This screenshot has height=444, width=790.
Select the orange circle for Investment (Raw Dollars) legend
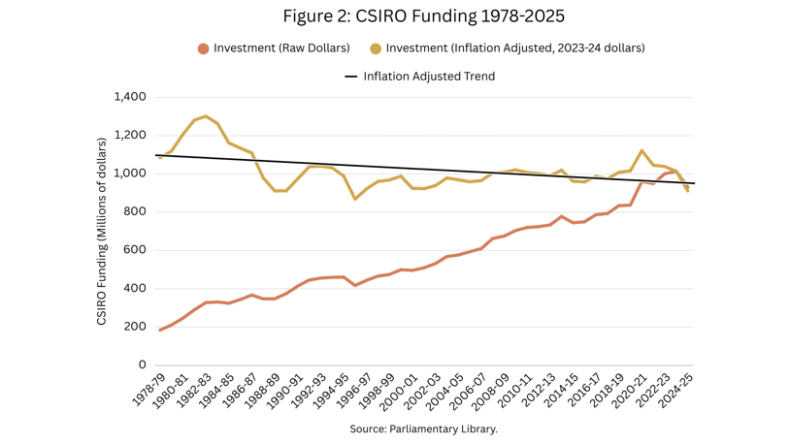tap(203, 48)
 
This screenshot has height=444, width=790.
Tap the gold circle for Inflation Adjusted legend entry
tap(376, 48)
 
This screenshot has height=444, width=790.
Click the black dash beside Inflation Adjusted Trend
tap(351, 77)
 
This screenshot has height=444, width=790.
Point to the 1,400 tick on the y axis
tap(130, 97)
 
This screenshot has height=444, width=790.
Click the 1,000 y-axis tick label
tap(130, 174)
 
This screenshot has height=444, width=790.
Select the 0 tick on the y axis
tap(142, 365)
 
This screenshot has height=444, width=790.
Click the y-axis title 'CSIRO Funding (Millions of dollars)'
tap(102, 231)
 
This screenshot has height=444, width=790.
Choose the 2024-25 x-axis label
tap(676, 393)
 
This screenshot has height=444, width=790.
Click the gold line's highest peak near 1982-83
tap(206, 116)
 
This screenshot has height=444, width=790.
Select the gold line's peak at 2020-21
tap(642, 150)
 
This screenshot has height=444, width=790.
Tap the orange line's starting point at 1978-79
tap(160, 331)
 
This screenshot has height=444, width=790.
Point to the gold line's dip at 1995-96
tap(356, 199)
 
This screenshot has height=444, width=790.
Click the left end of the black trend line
tap(156, 155)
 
